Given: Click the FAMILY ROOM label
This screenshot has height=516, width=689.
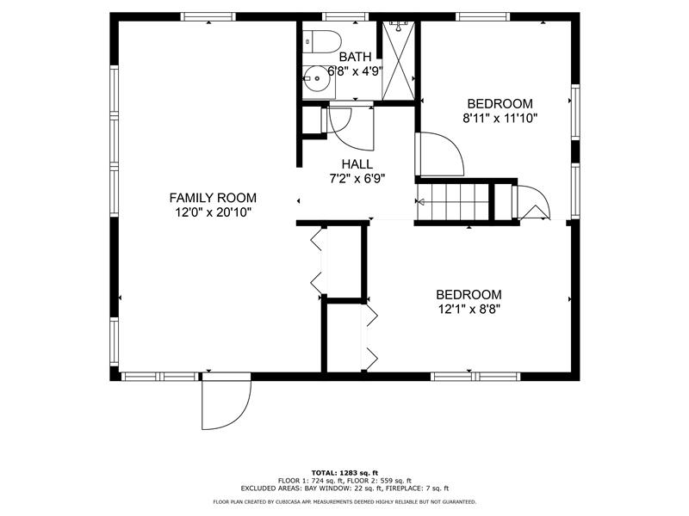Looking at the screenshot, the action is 213,198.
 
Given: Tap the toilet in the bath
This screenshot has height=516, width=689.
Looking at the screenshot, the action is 321,41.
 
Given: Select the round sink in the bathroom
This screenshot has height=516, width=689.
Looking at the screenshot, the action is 316,79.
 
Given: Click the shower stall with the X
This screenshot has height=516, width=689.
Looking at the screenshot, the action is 398,60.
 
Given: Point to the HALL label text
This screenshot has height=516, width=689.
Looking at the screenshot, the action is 357,164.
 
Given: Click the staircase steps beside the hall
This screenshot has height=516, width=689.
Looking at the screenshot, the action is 453,202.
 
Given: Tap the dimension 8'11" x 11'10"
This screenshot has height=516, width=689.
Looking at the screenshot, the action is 500,119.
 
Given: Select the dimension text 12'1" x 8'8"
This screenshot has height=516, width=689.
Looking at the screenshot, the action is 469,310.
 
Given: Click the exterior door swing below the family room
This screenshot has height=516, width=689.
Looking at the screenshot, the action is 227,401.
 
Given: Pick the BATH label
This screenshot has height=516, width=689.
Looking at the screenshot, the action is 355,57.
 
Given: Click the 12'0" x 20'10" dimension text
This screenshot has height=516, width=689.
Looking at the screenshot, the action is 213,212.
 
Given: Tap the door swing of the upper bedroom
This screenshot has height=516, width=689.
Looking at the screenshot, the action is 440,154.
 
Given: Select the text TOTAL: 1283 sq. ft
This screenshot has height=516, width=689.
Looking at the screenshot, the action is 344,473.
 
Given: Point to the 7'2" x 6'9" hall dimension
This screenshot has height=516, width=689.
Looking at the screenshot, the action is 357,179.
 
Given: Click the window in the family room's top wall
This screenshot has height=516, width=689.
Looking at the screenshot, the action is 208,16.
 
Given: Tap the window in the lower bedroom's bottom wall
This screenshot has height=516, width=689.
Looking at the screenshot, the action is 475,377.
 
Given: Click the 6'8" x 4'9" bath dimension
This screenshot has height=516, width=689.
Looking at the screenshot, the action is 356,71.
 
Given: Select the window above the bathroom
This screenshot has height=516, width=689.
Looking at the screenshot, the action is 345,16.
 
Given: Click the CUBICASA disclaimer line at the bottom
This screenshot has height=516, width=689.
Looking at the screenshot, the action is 344,501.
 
